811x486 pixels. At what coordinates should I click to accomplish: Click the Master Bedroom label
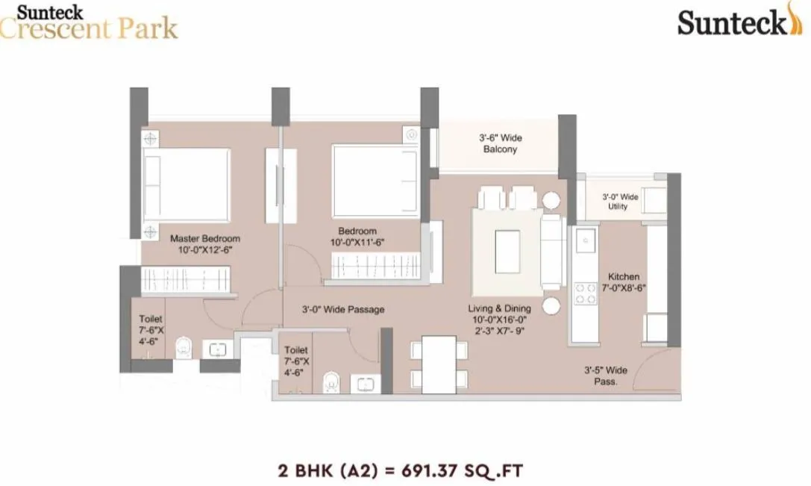click(205, 239)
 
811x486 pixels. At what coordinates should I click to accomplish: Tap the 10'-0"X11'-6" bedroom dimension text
click(357, 243)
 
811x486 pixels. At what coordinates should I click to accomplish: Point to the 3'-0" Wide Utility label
click(620, 202)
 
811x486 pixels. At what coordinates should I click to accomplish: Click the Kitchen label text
click(623, 277)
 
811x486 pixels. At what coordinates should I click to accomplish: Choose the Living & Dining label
click(499, 308)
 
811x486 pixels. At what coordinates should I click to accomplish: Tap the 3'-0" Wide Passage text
click(343, 309)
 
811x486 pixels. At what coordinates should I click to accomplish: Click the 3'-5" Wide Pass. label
click(605, 376)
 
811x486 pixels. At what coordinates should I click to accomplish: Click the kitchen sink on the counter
click(585, 240)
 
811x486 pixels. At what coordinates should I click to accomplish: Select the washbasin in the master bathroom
click(218, 350)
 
